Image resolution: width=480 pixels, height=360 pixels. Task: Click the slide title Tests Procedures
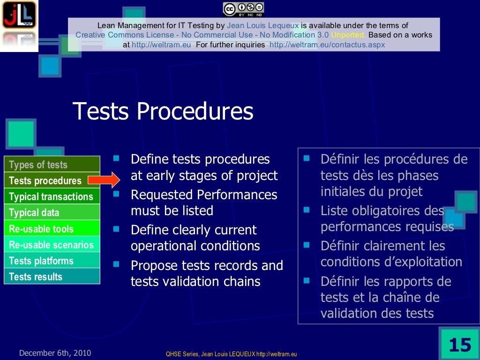coord(163,112)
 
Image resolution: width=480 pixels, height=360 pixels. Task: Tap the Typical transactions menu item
coord(52,196)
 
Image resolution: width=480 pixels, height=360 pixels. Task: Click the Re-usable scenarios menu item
coord(52,245)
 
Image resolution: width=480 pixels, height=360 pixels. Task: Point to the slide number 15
coord(459,345)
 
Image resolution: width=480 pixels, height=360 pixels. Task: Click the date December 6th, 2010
coord(55,353)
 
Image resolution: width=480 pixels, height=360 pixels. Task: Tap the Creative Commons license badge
coord(243,9)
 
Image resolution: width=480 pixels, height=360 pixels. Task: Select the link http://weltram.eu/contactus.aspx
coord(327,45)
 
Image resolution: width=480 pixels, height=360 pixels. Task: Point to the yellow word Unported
coord(348,35)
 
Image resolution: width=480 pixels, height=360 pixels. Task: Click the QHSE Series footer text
coord(232,354)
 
